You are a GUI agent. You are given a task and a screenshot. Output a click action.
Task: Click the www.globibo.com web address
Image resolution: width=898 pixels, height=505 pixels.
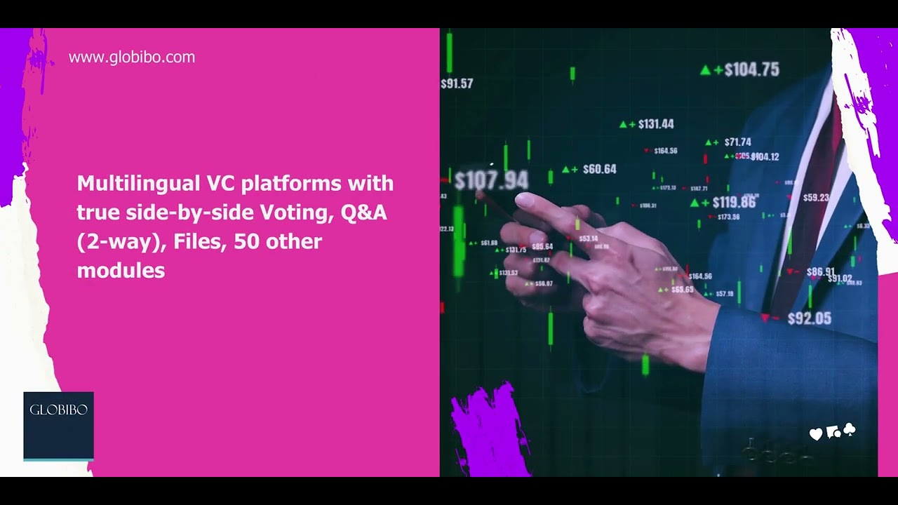[132, 58]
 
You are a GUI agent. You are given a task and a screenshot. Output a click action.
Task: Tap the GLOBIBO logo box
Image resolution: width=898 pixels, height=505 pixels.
[58, 426]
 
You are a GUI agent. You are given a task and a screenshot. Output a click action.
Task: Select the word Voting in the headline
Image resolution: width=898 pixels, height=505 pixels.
[297, 213]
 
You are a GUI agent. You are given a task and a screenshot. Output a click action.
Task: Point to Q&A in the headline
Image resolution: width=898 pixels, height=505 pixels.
[363, 213]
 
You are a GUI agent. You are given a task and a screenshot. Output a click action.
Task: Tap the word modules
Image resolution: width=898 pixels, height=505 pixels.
[121, 271]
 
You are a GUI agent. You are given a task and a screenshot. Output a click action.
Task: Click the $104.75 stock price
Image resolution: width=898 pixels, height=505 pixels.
[751, 69]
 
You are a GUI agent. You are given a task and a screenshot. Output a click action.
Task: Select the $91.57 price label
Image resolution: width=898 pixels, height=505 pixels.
[457, 83]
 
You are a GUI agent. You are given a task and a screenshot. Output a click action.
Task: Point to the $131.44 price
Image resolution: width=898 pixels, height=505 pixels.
[656, 124]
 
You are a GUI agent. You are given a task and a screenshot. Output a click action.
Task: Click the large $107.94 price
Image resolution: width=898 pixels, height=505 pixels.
[491, 180]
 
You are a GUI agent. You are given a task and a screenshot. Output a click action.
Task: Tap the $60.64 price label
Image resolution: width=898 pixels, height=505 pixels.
[599, 169]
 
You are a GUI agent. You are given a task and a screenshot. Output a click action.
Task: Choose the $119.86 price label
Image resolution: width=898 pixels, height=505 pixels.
[734, 203]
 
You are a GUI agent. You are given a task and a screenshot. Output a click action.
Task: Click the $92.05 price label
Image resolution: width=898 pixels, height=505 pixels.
[809, 318]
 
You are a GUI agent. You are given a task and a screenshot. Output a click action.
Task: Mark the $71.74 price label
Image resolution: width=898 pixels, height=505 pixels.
[737, 142]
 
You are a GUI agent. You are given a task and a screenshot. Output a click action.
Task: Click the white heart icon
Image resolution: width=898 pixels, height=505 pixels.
[815, 435]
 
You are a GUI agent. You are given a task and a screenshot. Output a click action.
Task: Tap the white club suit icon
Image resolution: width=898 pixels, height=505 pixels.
[849, 429]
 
